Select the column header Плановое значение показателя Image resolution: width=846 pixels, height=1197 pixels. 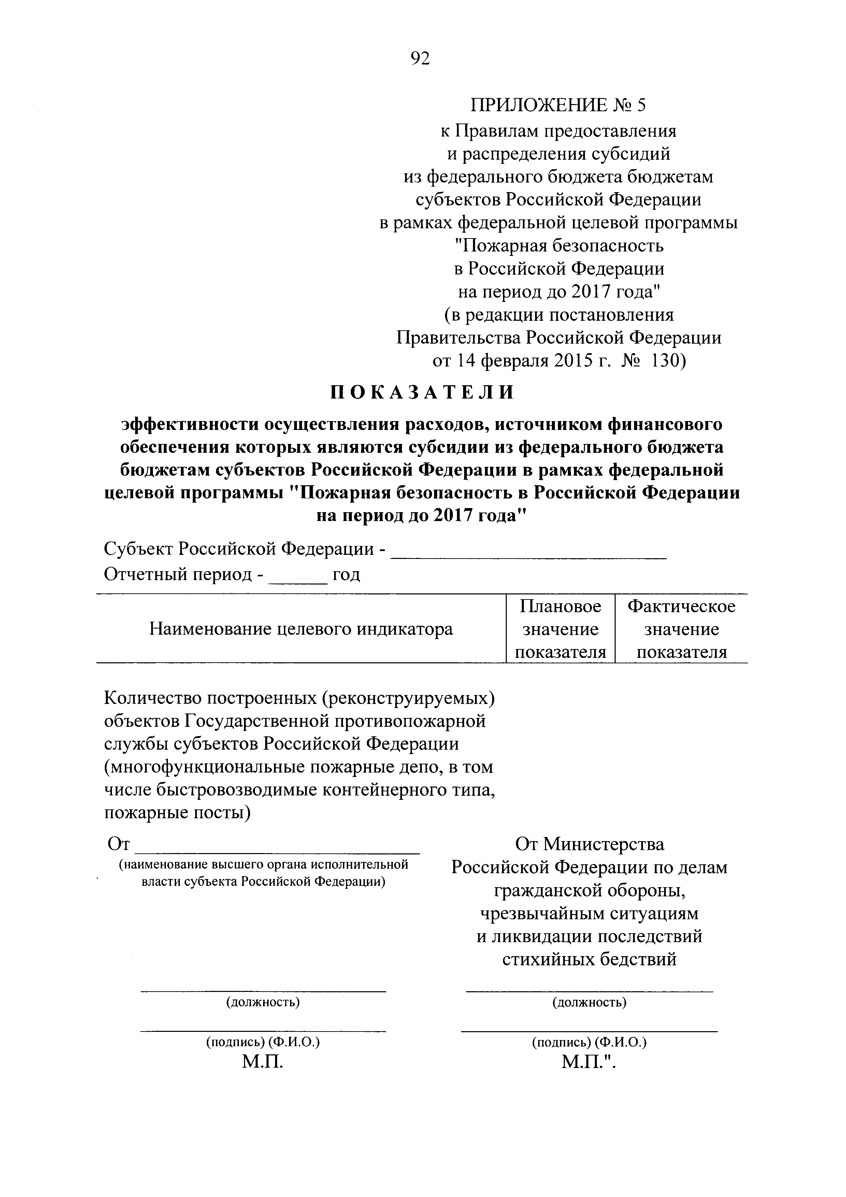(560, 629)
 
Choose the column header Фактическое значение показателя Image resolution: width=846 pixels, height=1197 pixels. (681, 629)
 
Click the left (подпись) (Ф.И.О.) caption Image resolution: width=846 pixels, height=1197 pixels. (263, 1042)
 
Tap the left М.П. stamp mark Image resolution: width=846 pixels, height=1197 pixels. (263, 1062)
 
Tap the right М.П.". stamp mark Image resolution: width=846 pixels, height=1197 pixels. (589, 1062)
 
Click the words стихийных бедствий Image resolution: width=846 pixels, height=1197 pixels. (590, 959)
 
